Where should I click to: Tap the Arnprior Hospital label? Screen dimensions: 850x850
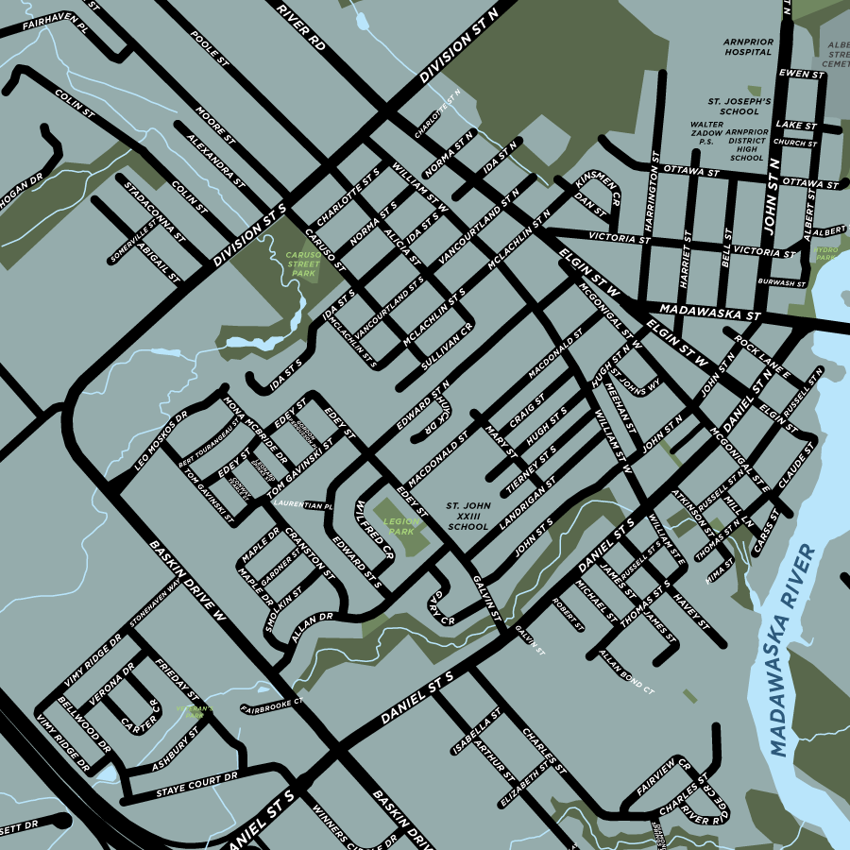748,47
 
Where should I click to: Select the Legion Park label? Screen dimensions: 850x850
401,526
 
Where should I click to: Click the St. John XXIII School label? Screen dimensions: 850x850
468,517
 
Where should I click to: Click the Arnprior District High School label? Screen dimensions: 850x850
746,145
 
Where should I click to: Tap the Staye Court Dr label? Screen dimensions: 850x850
198,785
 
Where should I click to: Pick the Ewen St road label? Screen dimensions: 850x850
796,73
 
